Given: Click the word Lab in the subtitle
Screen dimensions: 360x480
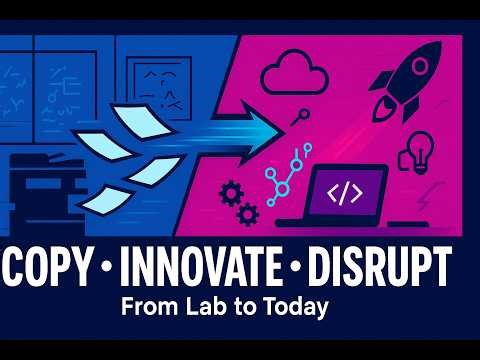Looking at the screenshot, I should (x=203, y=307).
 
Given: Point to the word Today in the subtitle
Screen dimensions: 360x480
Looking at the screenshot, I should (x=295, y=307).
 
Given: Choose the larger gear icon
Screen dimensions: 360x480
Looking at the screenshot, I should (x=229, y=190).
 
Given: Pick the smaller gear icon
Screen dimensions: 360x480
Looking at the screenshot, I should (x=244, y=212).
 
